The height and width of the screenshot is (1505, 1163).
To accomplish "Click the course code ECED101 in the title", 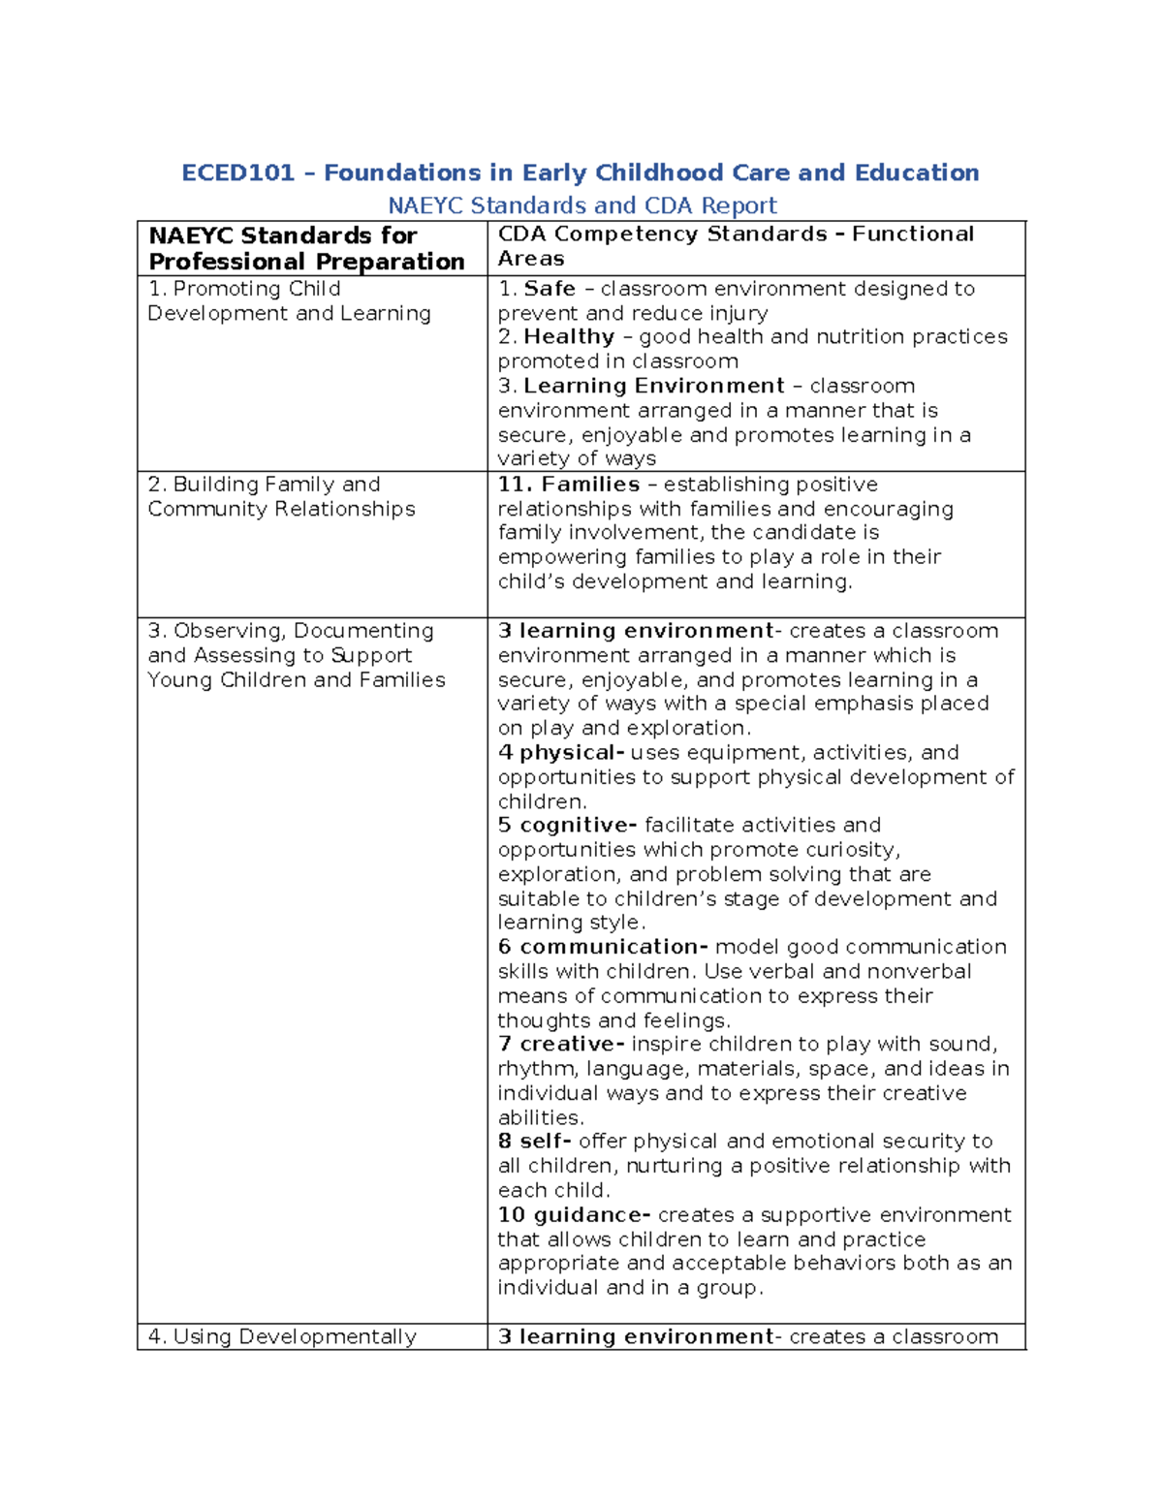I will (237, 173).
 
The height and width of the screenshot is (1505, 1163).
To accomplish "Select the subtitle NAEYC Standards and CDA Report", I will (581, 205).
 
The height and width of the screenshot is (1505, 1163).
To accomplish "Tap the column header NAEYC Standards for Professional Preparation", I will (306, 249).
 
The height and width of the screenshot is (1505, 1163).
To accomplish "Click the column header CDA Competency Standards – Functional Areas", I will (735, 246).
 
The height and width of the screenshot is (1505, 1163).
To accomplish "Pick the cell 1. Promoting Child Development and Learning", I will (289, 301).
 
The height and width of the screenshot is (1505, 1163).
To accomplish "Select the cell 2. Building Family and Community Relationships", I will (281, 496).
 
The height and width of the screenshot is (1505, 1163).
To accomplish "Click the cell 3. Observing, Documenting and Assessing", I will (296, 655).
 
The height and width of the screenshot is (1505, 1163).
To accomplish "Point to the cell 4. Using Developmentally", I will (281, 1337).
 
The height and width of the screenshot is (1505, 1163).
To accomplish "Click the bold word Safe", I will (550, 289).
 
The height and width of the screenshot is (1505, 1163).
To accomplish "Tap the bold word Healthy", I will (569, 337).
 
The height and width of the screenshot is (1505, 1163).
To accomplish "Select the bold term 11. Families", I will (568, 485).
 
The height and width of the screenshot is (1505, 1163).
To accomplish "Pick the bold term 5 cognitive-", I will (567, 826).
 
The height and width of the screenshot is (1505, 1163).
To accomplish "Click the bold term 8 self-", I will (534, 1142).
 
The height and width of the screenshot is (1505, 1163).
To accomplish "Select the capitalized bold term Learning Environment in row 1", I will (653, 386).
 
